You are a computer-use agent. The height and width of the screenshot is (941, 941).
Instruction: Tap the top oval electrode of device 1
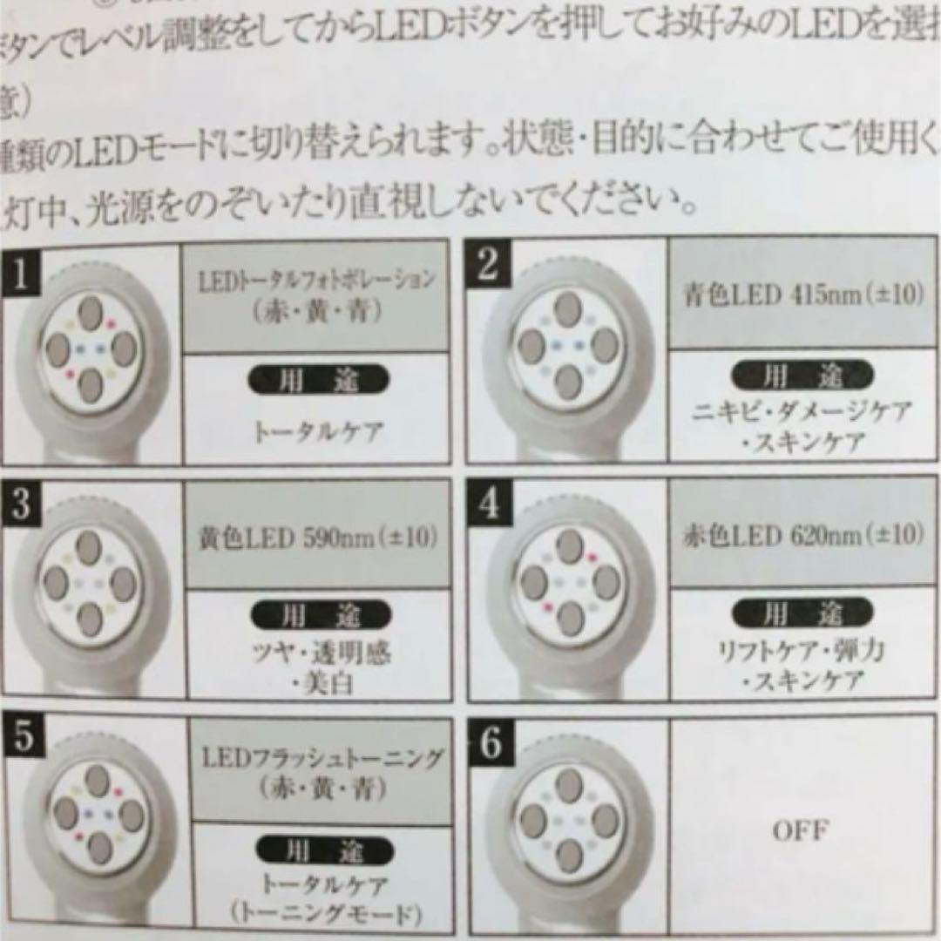[x=90, y=311]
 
